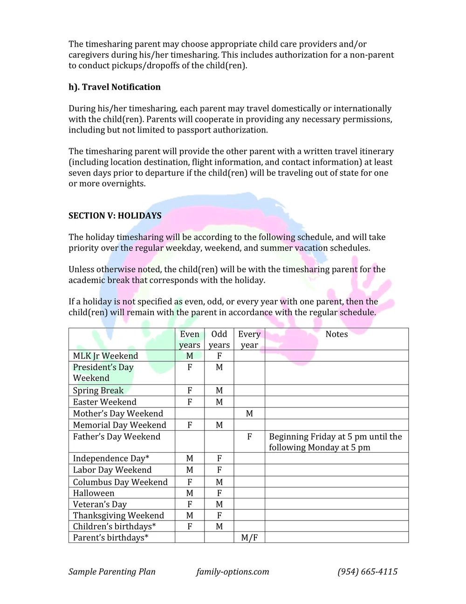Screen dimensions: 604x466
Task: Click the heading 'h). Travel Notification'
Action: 114,87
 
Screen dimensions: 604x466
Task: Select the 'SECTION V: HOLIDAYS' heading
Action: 115,216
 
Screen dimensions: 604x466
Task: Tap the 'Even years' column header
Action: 190,339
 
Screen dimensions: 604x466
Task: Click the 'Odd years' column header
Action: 219,339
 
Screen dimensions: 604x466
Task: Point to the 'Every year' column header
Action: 249,339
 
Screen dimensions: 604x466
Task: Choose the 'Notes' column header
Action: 336,334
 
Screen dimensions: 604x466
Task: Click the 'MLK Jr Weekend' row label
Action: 105,356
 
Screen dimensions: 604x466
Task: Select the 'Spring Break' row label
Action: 98,390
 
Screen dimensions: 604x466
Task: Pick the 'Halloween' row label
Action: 94,493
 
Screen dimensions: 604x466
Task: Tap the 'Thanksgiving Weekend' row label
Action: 118,515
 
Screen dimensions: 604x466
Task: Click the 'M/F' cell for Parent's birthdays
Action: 249,538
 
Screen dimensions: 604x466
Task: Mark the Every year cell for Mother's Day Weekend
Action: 249,414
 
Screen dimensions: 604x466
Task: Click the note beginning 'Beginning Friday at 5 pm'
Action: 335,442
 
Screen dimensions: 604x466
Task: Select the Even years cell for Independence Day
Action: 190,458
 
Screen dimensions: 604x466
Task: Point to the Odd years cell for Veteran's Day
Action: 219,504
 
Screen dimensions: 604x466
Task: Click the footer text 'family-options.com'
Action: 233,572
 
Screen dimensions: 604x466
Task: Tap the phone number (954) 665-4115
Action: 367,572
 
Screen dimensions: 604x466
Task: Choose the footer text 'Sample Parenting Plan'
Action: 112,572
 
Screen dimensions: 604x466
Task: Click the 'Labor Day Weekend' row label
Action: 112,470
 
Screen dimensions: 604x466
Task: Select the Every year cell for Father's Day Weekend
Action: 249,437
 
